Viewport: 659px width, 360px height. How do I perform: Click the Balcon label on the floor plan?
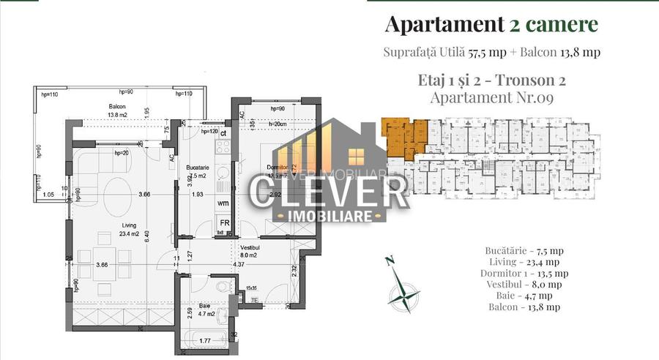[x=118, y=106]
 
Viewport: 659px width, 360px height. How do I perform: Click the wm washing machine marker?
[x=222, y=203]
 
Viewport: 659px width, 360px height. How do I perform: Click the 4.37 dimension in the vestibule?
[x=239, y=264]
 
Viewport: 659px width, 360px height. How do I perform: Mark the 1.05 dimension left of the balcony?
[x=50, y=195]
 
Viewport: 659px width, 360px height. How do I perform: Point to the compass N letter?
[x=390, y=260]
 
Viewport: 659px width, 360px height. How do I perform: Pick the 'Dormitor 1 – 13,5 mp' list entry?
[x=524, y=273]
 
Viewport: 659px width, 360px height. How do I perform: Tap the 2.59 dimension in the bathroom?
[x=190, y=314]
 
